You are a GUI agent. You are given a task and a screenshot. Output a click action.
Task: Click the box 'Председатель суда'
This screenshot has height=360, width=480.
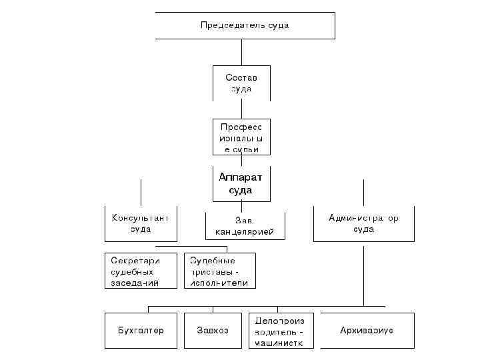coord(245,25)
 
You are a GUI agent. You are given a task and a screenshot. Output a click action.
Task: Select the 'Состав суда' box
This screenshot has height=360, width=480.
coord(241,83)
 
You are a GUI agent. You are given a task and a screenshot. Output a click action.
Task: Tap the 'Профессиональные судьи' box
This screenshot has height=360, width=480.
coord(241,137)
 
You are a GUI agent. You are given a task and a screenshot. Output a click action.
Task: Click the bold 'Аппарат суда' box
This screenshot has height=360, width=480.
coord(241,183)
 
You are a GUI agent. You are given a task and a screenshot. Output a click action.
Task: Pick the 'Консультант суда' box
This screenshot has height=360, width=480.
coord(141,224)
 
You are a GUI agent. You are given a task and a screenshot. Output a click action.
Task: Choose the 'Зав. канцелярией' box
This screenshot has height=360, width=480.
coord(245,227)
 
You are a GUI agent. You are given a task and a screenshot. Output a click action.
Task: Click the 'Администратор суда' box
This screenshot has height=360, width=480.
coord(363,224)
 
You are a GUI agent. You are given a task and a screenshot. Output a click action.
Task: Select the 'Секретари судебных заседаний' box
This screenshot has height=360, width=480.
coord(141,271)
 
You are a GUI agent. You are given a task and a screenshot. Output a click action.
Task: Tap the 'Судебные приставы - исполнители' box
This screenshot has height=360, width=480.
coord(219,271)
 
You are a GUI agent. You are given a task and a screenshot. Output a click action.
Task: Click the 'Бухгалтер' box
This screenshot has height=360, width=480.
coord(141,331)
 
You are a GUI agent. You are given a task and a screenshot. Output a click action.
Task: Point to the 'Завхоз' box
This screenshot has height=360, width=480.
coord(213,331)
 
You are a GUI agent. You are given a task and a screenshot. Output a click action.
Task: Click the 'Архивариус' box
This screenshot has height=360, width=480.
coord(367,331)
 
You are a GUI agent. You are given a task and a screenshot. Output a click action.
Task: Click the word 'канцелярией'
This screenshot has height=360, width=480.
coord(245,233)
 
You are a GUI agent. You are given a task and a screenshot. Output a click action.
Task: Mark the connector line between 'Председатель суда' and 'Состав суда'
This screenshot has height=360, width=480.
coord(241,52)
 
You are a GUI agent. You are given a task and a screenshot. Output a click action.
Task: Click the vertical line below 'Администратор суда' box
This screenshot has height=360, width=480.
coord(363,273)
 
